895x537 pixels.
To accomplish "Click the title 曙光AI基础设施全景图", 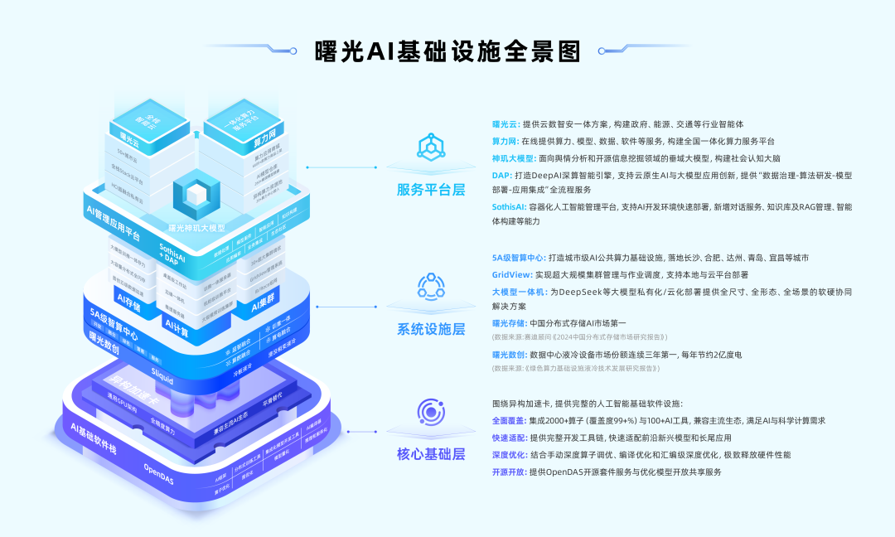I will click(x=447, y=51).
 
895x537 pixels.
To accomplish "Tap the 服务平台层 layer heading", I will click(x=431, y=188).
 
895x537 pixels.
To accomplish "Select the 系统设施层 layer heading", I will click(x=431, y=328).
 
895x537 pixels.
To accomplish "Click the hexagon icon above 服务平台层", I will click(x=431, y=149).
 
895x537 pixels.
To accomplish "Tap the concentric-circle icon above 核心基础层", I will click(x=431, y=412).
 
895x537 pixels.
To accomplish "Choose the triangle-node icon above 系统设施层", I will click(x=431, y=287).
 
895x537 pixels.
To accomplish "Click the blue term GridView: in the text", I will click(x=511, y=274).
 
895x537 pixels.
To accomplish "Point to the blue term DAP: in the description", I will click(x=502, y=176).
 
